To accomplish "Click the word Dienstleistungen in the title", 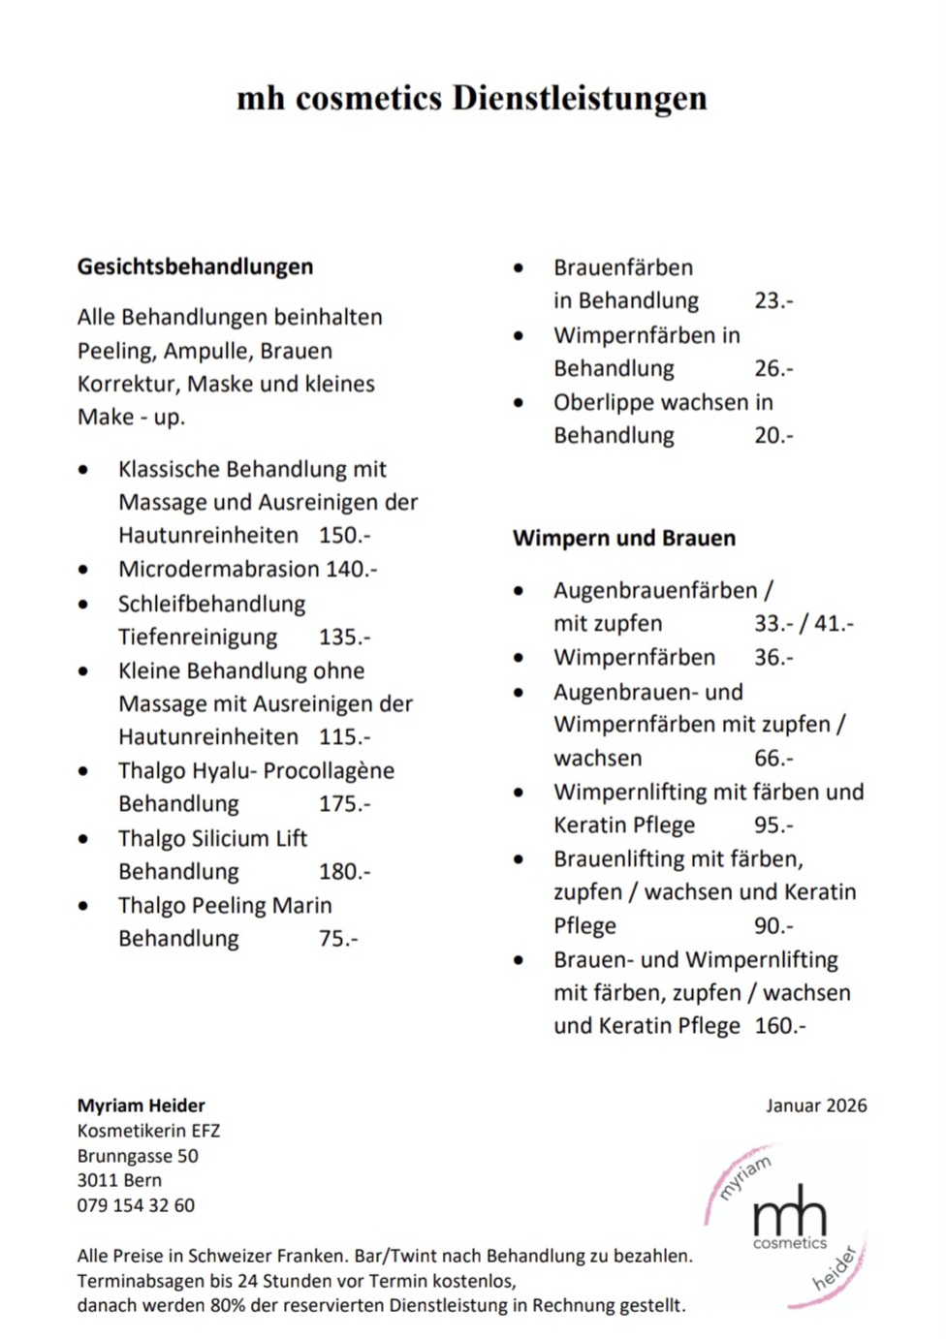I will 579,98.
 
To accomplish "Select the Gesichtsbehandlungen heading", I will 195,266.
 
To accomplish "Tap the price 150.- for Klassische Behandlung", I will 344,535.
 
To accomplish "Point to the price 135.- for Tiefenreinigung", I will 344,637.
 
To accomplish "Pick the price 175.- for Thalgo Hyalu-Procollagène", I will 344,803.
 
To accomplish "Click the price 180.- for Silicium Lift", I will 344,871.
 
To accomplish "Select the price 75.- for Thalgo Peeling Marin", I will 338,938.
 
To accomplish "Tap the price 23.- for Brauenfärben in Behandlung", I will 773,300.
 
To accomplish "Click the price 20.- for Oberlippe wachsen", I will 773,435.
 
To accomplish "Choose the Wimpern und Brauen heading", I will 623,538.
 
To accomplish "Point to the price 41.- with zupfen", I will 834,623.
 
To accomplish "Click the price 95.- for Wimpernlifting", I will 773,825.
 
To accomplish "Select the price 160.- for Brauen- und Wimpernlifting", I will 779,1025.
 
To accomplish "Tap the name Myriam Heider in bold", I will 142,1105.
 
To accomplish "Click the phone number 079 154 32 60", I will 136,1205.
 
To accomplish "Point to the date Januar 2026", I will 816,1105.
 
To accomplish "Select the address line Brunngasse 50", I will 138,1156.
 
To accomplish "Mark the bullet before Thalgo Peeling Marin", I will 84,906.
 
